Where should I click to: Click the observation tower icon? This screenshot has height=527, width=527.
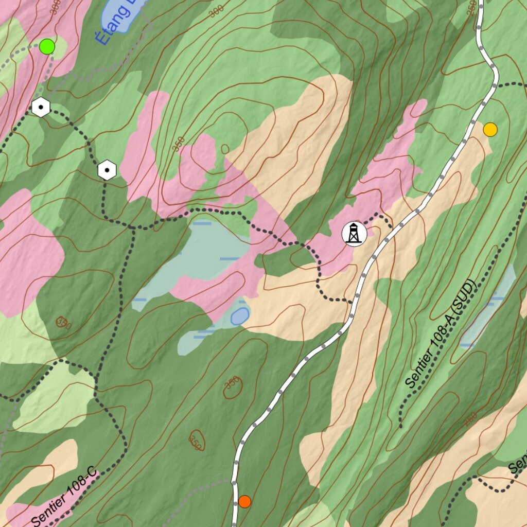tap(354, 234)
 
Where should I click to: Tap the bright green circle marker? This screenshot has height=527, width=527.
tap(47, 47)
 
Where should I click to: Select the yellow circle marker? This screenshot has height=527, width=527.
tap(490, 130)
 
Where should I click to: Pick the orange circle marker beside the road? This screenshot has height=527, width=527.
tap(244, 501)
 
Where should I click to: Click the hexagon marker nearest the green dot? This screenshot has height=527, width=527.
tap(40, 108)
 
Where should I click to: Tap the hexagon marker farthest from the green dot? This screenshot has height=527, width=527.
tap(107, 170)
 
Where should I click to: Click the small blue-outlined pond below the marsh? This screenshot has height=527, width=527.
tap(240, 316)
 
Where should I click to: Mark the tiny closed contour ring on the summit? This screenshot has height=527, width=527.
tap(225, 149)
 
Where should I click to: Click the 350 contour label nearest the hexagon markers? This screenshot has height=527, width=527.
tap(178, 145)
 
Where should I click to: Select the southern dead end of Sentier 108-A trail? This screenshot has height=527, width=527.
tap(401, 426)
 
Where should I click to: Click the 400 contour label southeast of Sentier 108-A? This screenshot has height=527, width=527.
tap(470, 419)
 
